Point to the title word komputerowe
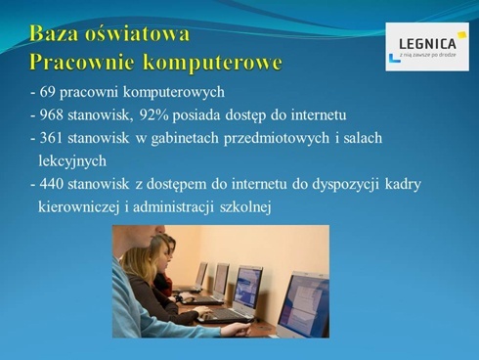pyautogui.click(x=214, y=64)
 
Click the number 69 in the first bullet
pyautogui.click(x=49, y=94)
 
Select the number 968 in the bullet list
pyautogui.click(x=53, y=115)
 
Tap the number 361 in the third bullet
pyautogui.click(x=53, y=138)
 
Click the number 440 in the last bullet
pyautogui.click(x=53, y=183)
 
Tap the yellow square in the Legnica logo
pyautogui.click(x=461, y=35)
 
